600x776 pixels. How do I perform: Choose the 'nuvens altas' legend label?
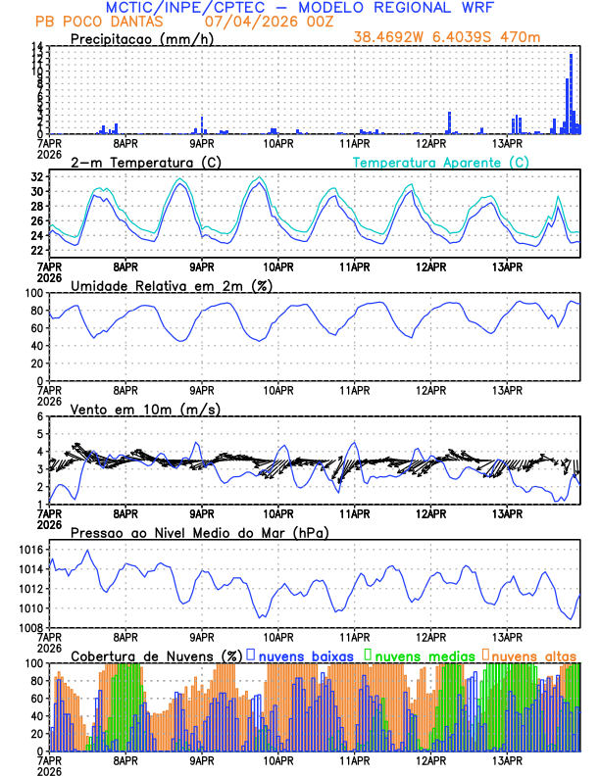[533, 655]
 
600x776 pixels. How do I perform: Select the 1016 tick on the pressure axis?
[32, 550]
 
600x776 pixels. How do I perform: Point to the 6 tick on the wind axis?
[41, 417]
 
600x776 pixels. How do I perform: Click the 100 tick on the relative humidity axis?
[35, 293]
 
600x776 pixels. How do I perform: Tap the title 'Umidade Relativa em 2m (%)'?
[172, 285]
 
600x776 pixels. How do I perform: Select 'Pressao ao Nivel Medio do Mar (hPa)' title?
[199, 532]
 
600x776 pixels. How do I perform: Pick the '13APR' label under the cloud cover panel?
[507, 759]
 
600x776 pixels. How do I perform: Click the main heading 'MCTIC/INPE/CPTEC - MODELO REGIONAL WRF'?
[300, 7]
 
